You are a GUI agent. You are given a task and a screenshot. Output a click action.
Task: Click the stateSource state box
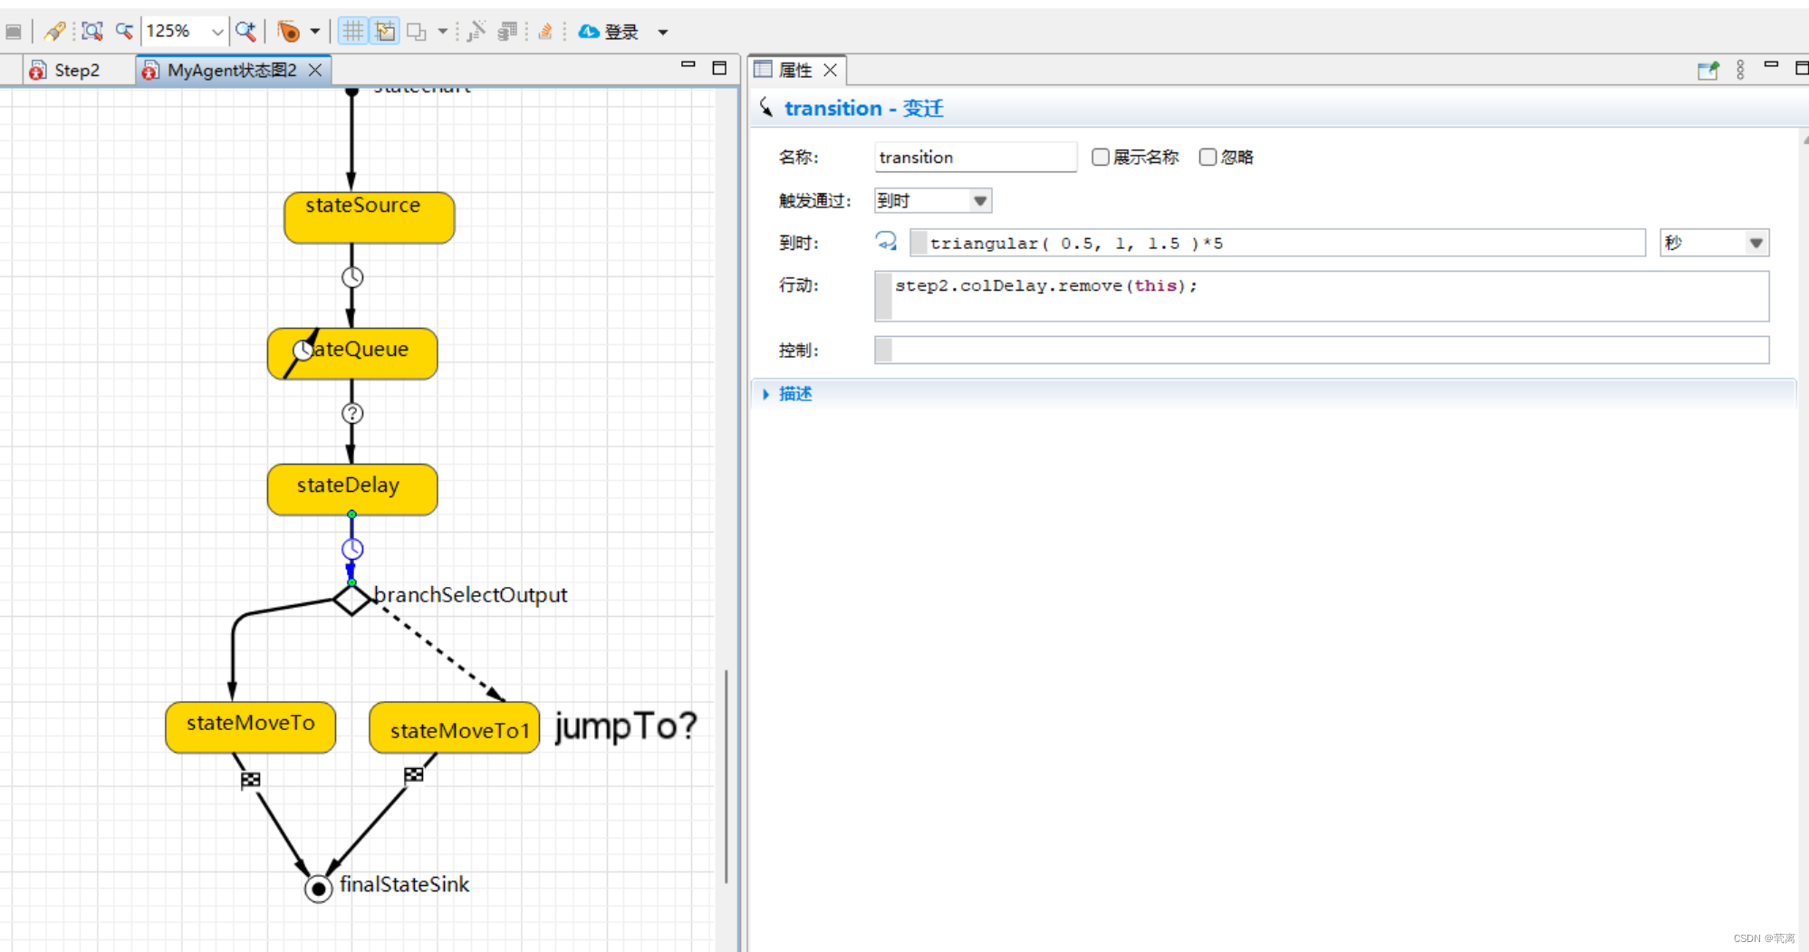(x=369, y=217)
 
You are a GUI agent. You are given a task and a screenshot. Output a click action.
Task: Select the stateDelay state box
(x=351, y=489)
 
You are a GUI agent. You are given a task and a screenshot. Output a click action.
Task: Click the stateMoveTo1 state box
(x=454, y=728)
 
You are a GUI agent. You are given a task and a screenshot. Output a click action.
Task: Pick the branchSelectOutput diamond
(x=351, y=599)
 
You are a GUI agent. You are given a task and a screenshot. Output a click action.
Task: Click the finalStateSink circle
(x=318, y=889)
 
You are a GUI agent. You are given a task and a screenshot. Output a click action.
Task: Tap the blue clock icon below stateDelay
(x=352, y=549)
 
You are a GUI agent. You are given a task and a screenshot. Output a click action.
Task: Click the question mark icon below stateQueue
(x=352, y=413)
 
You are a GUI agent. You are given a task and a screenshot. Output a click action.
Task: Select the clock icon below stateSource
(x=352, y=277)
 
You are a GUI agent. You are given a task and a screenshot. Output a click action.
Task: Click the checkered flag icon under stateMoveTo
(x=251, y=779)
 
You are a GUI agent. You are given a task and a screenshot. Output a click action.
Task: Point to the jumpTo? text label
(x=625, y=726)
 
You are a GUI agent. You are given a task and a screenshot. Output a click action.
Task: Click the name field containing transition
(x=974, y=158)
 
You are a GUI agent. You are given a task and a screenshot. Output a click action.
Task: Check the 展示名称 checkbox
(x=1101, y=158)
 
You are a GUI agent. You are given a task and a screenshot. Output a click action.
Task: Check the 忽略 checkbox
(x=1208, y=158)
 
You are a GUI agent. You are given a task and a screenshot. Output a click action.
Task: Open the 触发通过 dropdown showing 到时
(x=932, y=200)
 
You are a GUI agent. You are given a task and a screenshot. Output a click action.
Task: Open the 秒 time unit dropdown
(x=1713, y=243)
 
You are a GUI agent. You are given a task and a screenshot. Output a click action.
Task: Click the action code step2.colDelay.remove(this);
(x=1046, y=286)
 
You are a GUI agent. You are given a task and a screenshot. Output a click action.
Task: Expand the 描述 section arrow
(x=766, y=394)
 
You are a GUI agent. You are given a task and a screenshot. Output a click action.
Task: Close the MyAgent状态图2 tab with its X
(x=315, y=70)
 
